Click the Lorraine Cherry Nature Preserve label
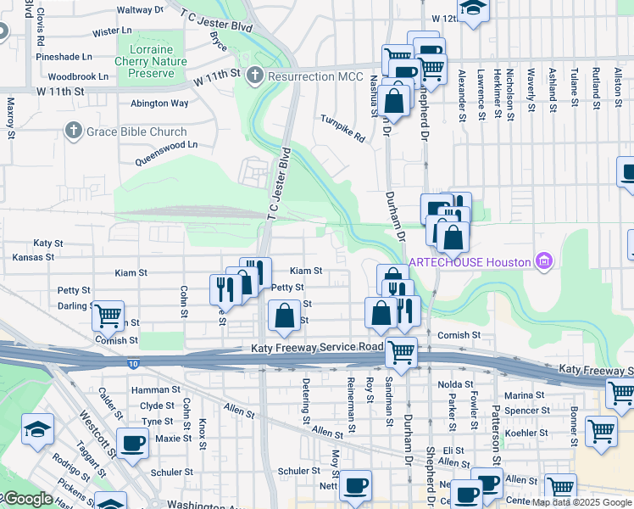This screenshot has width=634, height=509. click(x=151, y=61)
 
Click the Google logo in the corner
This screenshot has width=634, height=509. click(x=27, y=499)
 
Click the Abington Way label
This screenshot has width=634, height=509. click(x=158, y=103)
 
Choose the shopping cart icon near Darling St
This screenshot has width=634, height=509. click(x=108, y=316)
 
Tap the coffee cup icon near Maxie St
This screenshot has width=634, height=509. click(x=131, y=443)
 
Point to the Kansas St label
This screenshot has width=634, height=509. click(x=32, y=256)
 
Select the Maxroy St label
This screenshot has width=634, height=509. click(x=11, y=117)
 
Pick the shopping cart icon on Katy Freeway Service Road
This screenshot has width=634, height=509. click(x=400, y=351)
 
